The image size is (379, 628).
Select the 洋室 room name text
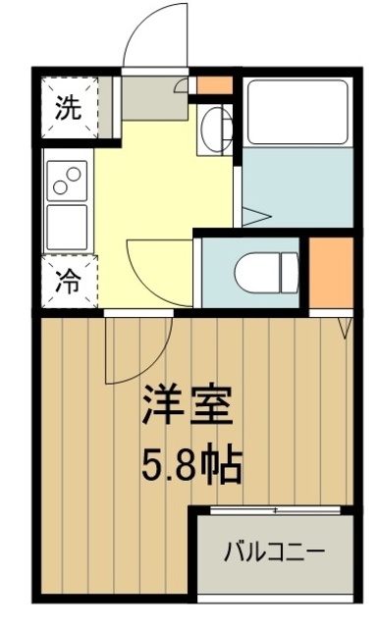pyautogui.click(x=190, y=405)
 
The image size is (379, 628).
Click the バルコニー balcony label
pyautogui.click(x=272, y=549)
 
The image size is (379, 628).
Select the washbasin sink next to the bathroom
pyautogui.click(x=216, y=128)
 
